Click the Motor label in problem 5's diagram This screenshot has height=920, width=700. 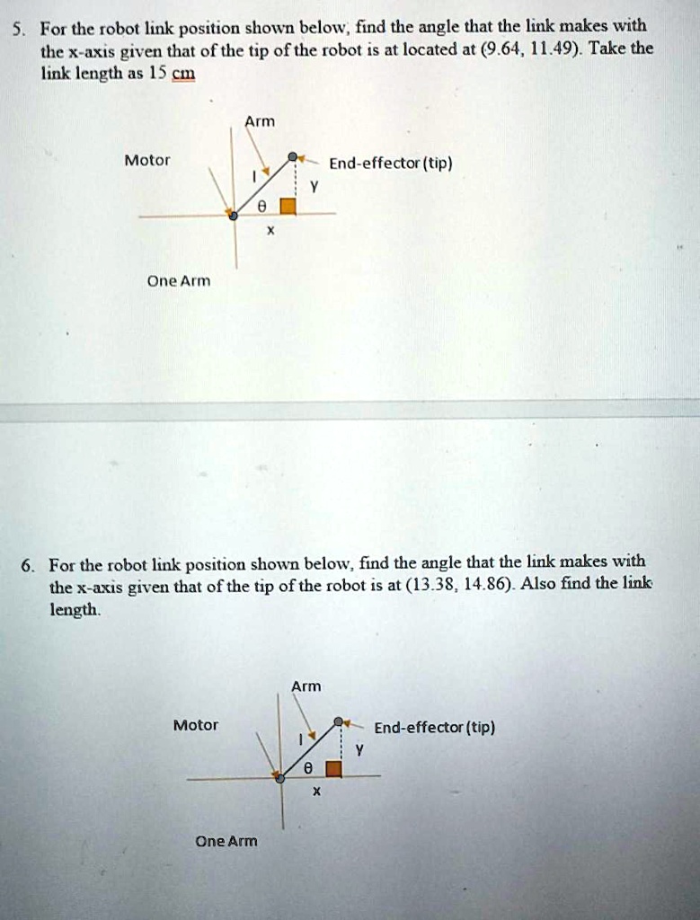147,161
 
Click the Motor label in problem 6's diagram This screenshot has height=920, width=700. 196,725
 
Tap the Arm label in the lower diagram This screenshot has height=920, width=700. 306,686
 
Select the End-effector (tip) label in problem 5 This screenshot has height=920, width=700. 390,164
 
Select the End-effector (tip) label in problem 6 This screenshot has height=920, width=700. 434,728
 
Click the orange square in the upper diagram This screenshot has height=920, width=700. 288,206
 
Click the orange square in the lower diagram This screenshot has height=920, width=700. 333,768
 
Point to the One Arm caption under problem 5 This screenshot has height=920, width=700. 180,280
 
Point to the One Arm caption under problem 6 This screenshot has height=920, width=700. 226,841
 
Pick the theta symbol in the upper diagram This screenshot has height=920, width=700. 261,206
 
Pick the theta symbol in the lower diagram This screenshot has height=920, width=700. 307,769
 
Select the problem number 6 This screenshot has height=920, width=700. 30,565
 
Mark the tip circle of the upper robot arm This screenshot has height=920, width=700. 292,157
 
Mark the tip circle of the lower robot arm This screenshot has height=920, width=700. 338,721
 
